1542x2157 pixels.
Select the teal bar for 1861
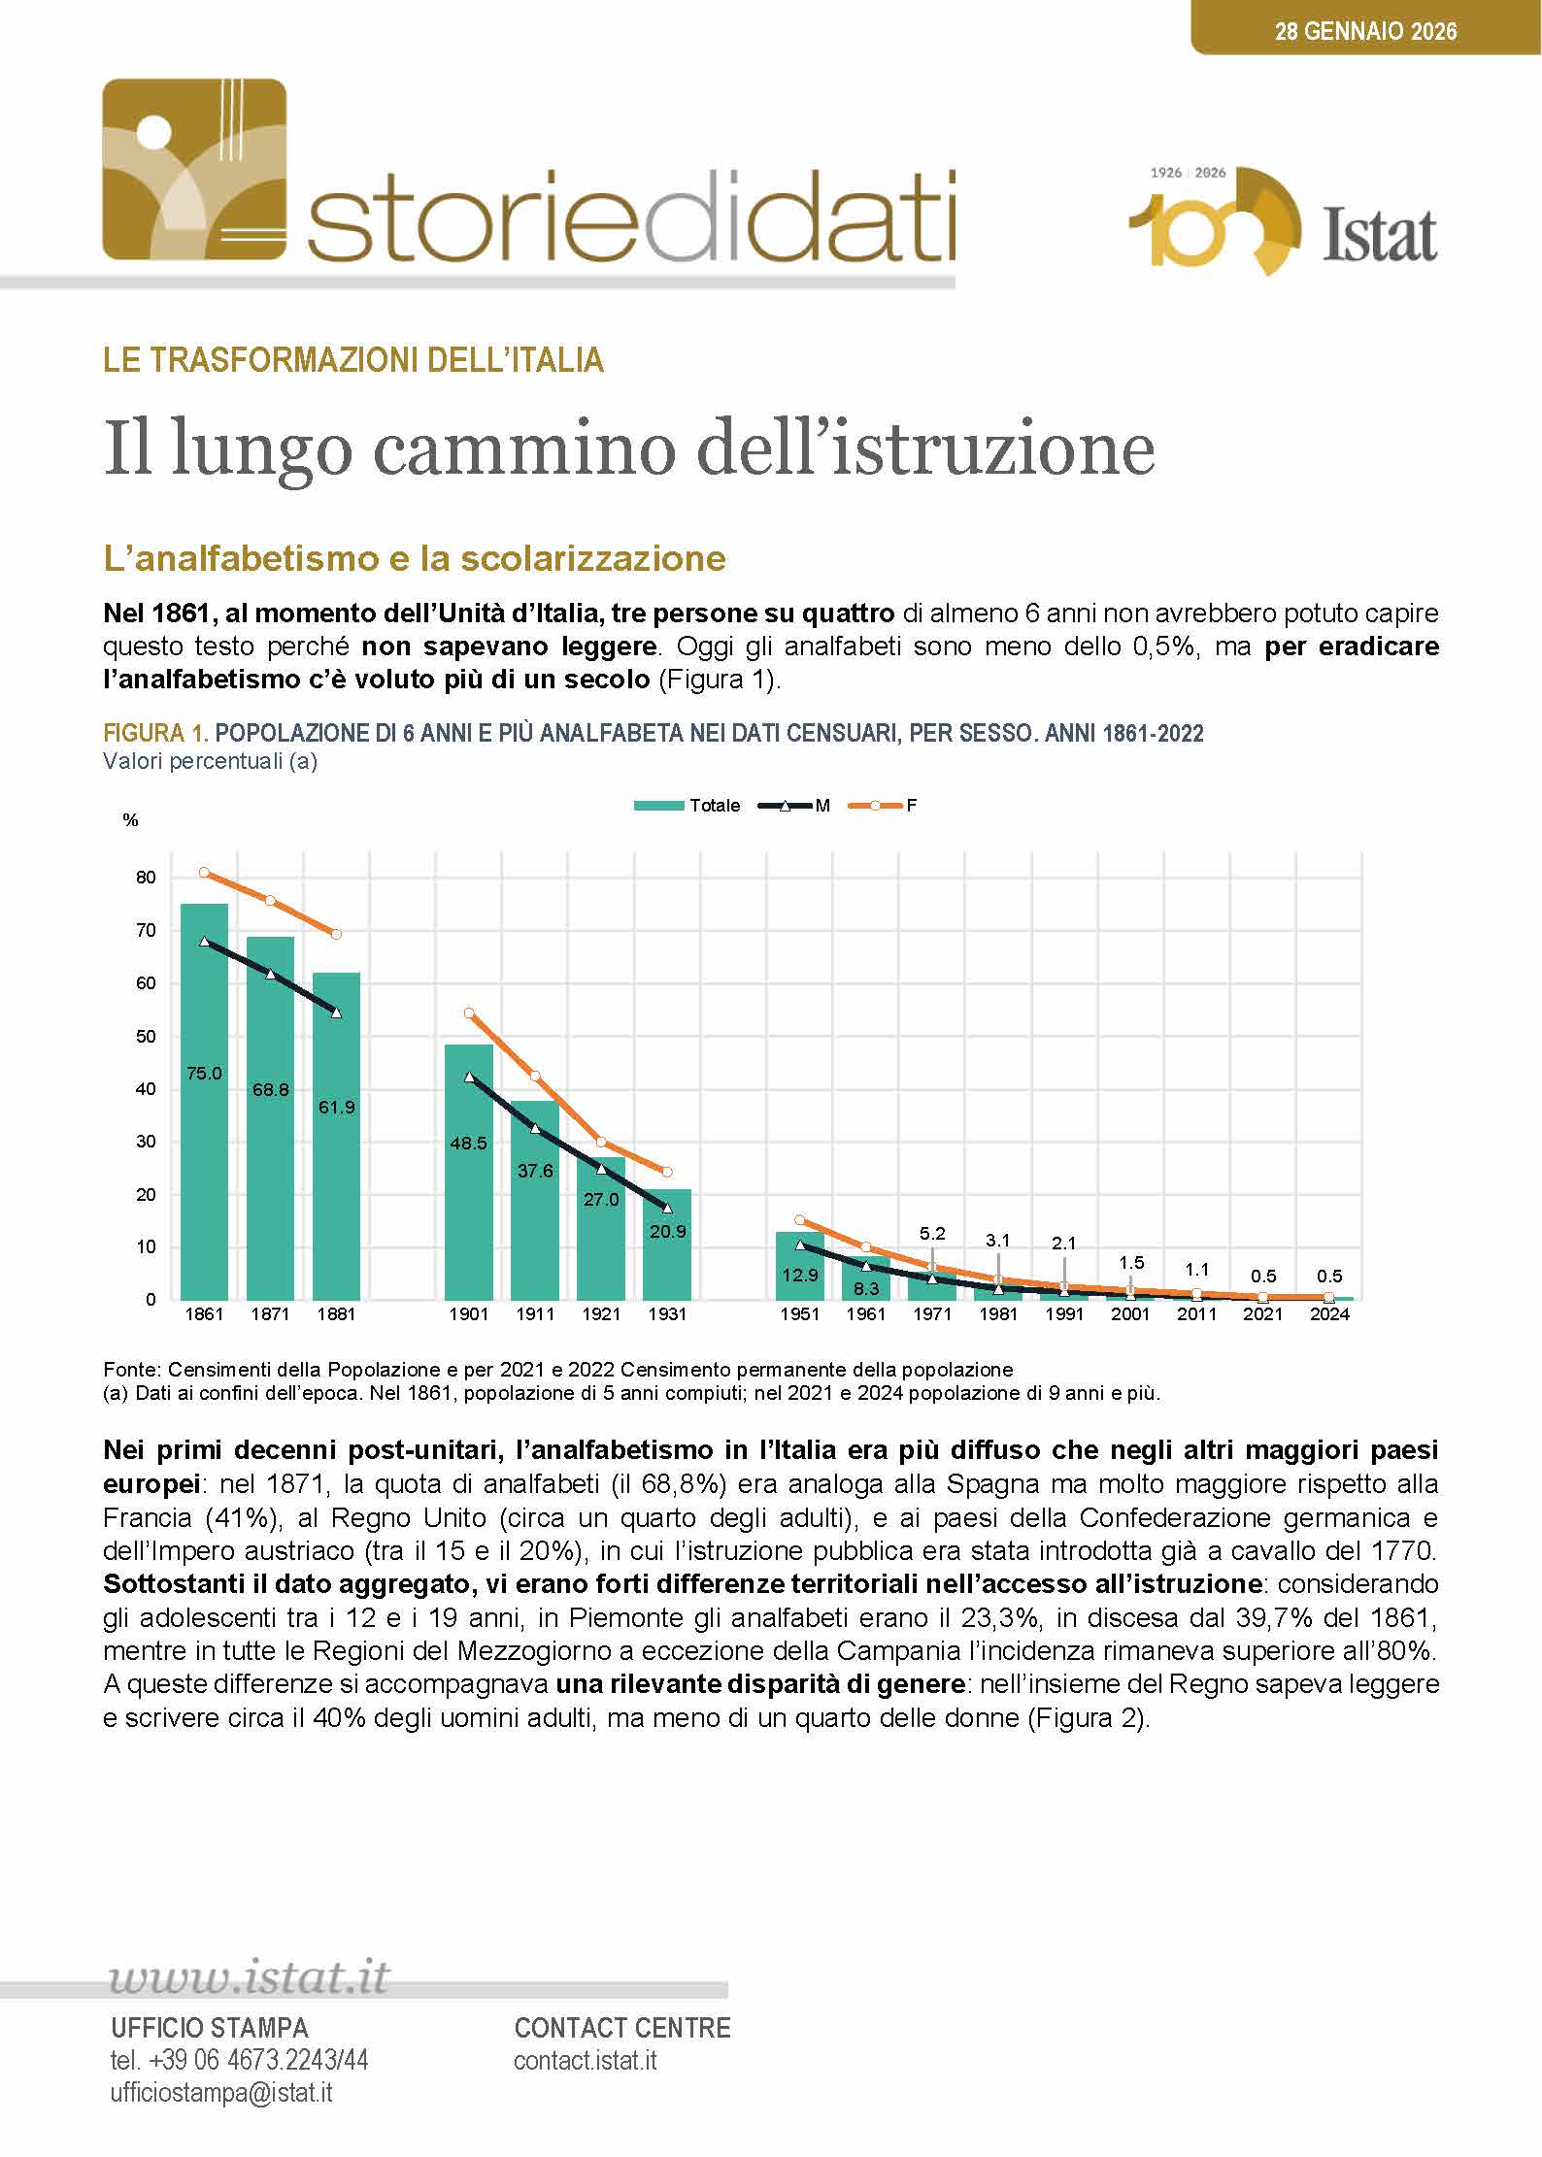pos(204,1145)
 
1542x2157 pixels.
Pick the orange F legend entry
pos(884,806)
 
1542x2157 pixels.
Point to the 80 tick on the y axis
pos(146,878)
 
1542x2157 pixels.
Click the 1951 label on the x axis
pos(799,1314)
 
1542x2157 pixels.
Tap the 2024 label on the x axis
pos(1329,1314)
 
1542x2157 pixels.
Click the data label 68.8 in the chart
pos(270,1090)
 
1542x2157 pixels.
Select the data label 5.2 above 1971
pos(932,1234)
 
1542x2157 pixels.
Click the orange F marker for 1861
pos(204,873)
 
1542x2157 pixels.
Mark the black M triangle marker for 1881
pos(337,1012)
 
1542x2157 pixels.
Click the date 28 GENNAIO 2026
pos(1365,31)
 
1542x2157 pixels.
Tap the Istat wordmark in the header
pos(1380,235)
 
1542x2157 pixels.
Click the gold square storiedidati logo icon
pos(194,170)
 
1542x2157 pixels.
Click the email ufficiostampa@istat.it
pos(221,2093)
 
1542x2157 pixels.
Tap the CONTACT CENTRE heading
pos(622,2028)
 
